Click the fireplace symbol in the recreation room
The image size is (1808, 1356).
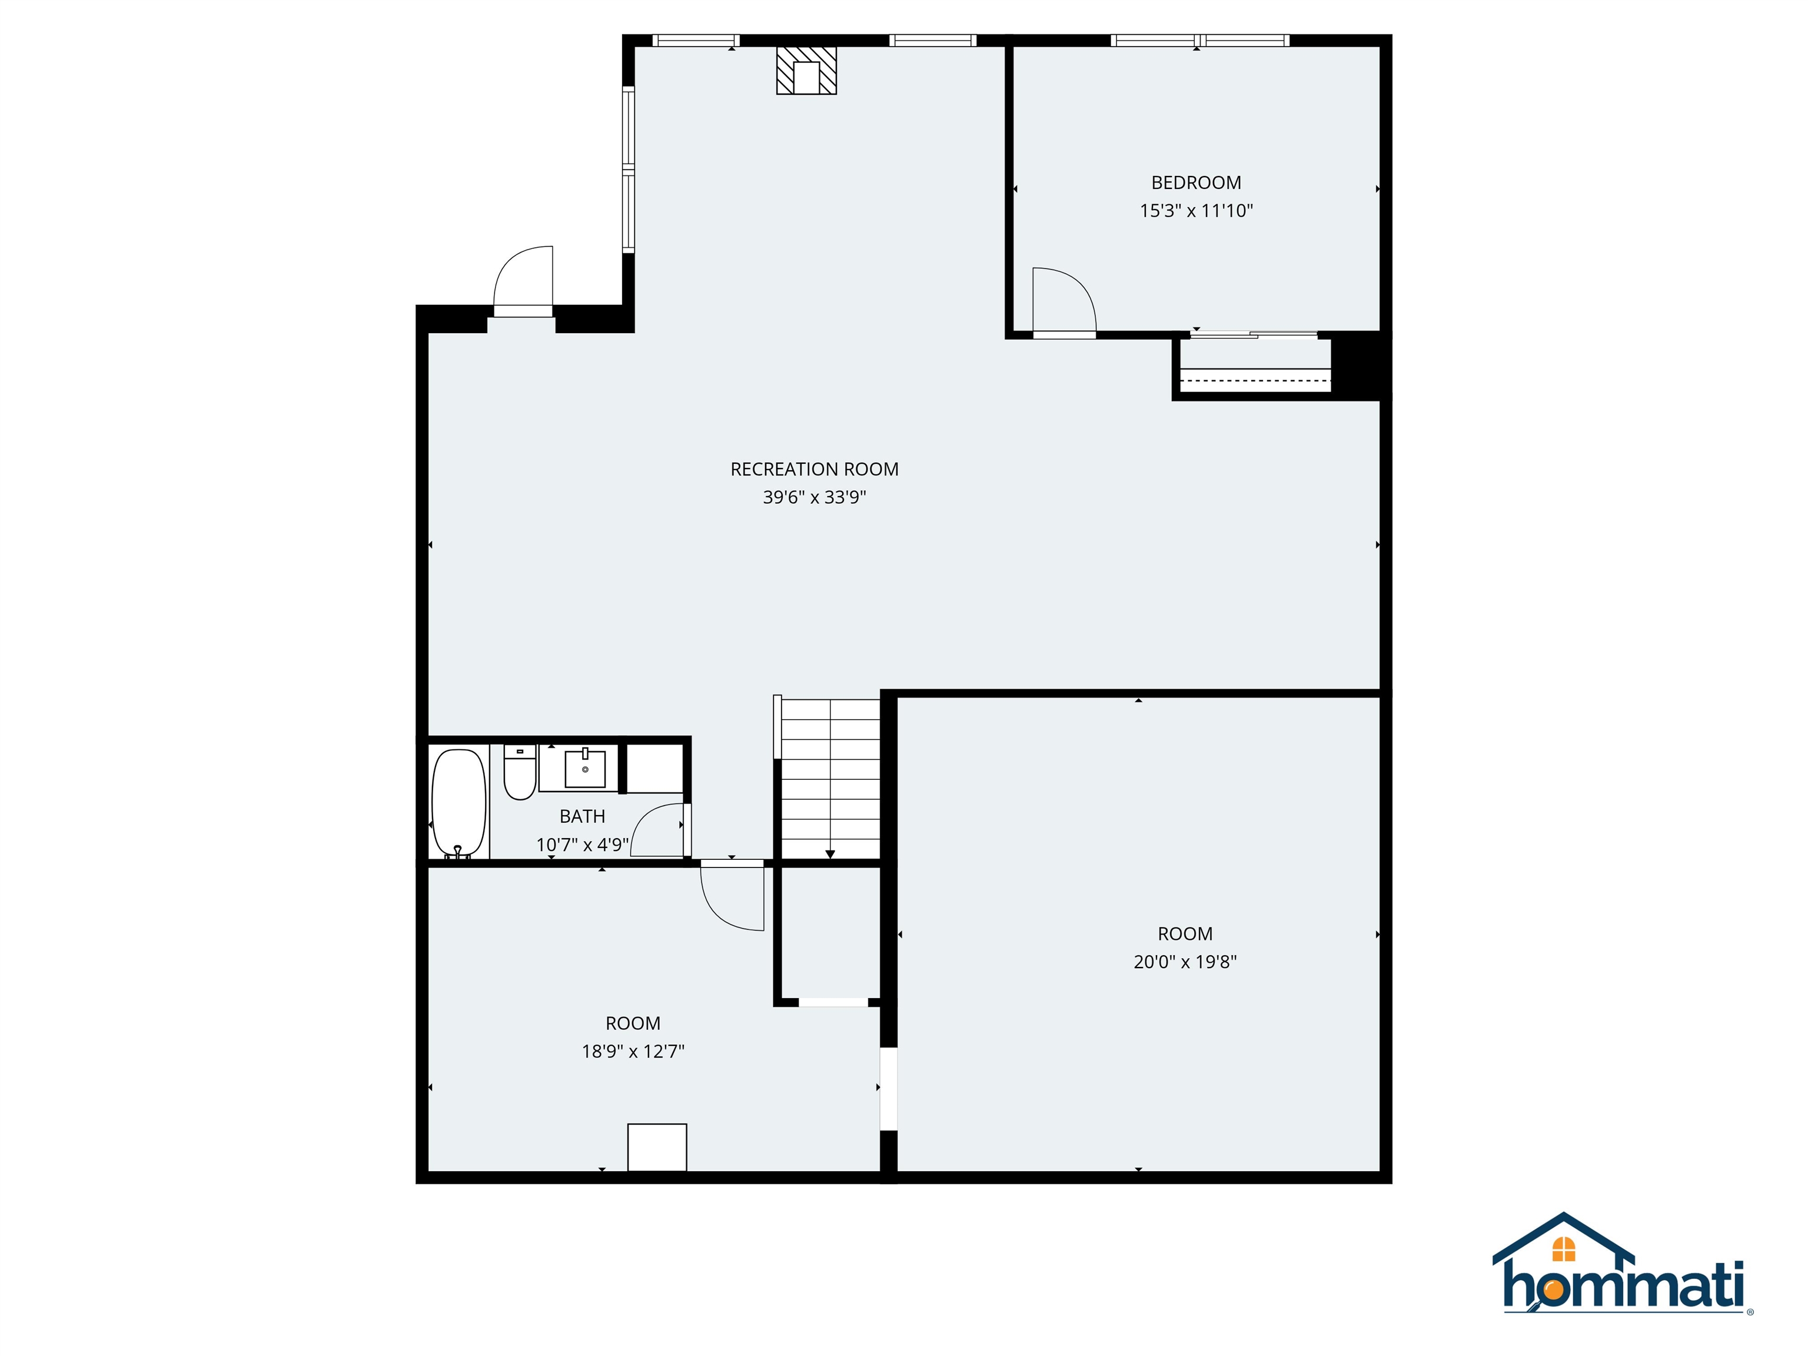pos(806,70)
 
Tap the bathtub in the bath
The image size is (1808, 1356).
pos(458,801)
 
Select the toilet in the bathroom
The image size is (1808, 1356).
pos(519,772)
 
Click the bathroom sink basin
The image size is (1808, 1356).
pos(585,768)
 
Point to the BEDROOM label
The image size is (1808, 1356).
pos(1196,183)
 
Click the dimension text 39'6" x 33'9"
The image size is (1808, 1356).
pos(814,497)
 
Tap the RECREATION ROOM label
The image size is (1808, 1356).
pos(814,469)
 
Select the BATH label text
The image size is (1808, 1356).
pos(582,816)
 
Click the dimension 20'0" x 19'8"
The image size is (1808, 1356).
pos(1184,962)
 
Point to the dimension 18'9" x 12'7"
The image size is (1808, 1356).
pos(633,1051)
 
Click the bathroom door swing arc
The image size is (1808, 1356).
pos(658,830)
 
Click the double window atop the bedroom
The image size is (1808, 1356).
pos(1199,40)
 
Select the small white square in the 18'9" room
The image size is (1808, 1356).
pos(656,1146)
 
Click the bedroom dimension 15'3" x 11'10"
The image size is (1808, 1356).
pos(1196,211)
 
